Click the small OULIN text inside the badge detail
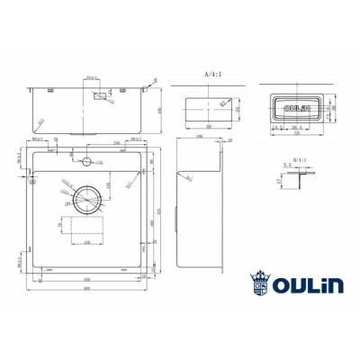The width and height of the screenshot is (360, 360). tap(294, 108)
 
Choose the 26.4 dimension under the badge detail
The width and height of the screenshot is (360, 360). tap(296, 127)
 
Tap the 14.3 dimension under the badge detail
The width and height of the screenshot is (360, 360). tap(276, 127)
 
